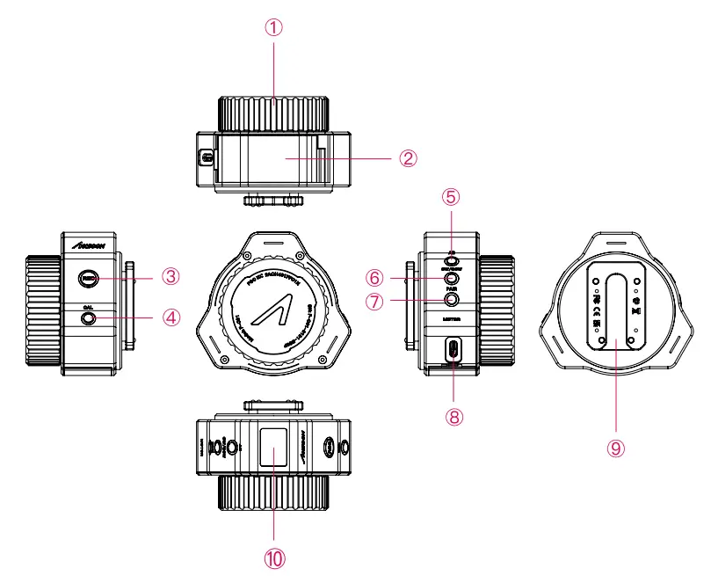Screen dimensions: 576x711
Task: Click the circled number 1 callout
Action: (x=275, y=26)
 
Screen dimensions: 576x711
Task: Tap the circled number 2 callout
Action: (x=407, y=158)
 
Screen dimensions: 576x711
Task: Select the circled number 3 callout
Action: (x=171, y=276)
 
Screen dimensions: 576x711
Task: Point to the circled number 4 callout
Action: (x=171, y=316)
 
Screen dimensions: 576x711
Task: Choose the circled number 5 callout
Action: (x=452, y=194)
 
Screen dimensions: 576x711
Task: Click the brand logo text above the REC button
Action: (x=89, y=247)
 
